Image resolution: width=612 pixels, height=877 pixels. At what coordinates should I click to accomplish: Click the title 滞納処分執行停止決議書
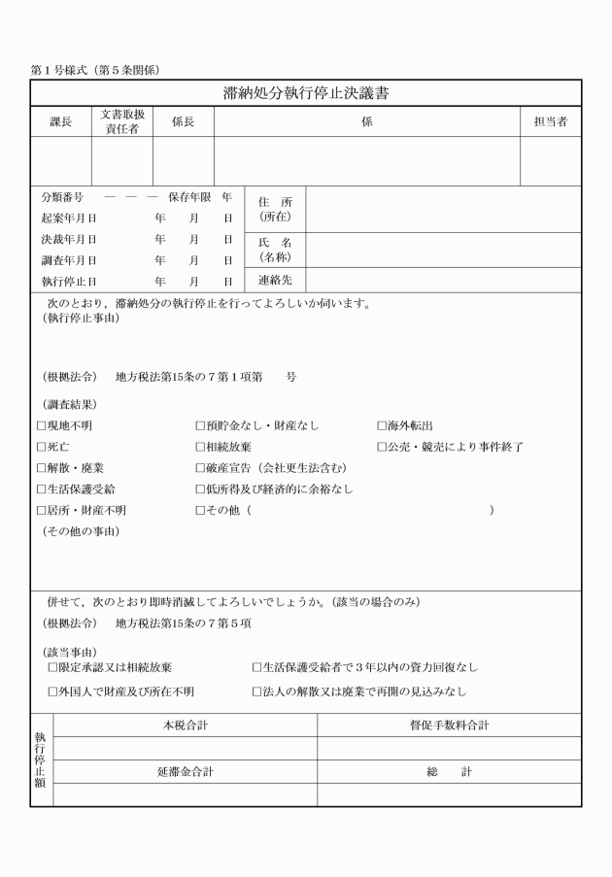coord(306,93)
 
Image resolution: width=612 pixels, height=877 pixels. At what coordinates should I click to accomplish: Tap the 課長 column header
coord(61,122)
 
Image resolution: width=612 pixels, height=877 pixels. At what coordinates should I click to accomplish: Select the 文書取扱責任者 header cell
coord(122,122)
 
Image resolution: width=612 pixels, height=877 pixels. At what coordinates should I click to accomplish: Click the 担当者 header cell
coord(551,122)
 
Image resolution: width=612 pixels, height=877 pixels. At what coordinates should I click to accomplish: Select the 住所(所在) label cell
coord(275,209)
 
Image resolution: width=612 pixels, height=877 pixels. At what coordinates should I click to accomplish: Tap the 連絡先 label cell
coord(275,281)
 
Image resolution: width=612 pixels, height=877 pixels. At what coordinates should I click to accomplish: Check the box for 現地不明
coord(41,426)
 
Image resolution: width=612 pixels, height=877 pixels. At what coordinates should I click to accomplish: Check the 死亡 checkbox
coord(41,448)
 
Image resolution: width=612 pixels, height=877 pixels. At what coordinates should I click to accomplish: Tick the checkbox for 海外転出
coord(382,426)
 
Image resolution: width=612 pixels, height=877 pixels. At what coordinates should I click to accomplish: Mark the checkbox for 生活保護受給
coord(41,489)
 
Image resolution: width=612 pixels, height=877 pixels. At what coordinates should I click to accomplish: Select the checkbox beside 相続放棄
coord(199,448)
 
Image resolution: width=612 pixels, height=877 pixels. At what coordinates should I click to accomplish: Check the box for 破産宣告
coord(199,468)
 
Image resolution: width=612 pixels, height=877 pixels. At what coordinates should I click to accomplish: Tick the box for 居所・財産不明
coord(41,511)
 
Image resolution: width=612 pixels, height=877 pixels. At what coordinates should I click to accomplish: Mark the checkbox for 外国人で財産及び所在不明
coord(52,692)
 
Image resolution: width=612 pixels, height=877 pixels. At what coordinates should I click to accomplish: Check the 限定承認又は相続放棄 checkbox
coord(52,668)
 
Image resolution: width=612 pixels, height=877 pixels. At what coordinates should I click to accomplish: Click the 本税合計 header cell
coord(185,725)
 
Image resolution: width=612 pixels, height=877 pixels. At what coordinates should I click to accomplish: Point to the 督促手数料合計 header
coord(449,725)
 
